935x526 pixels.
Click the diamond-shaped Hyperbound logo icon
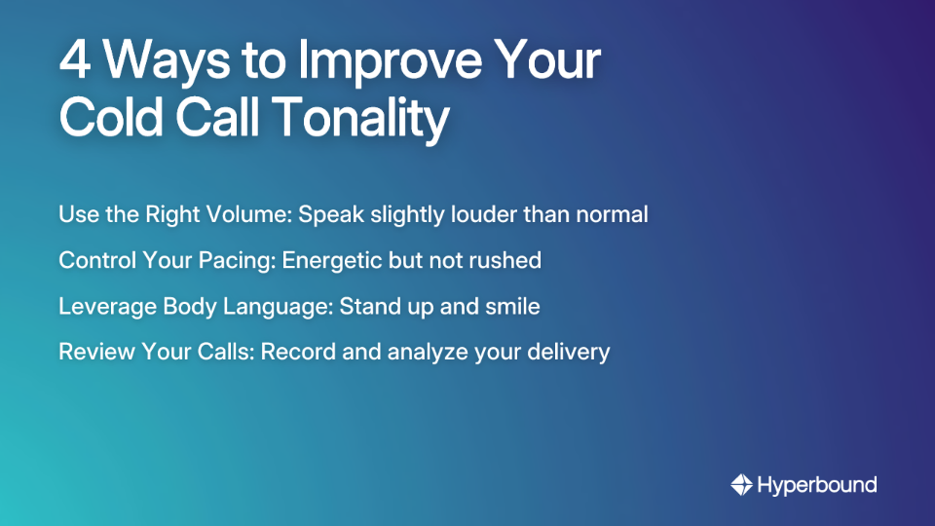coord(741,484)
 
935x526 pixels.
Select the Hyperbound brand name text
coord(816,484)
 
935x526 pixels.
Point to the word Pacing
coord(233,261)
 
